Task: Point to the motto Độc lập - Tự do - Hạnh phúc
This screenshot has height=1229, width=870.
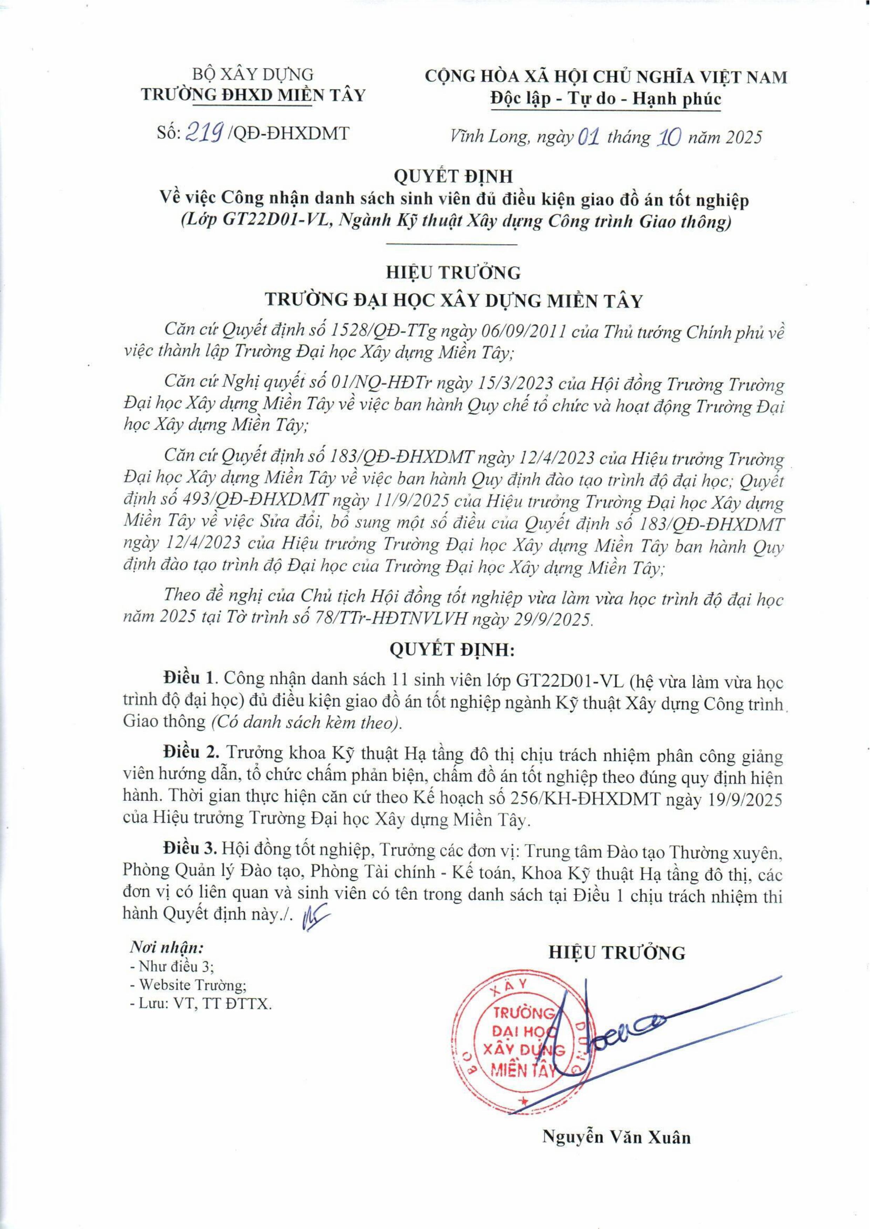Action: click(x=605, y=99)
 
